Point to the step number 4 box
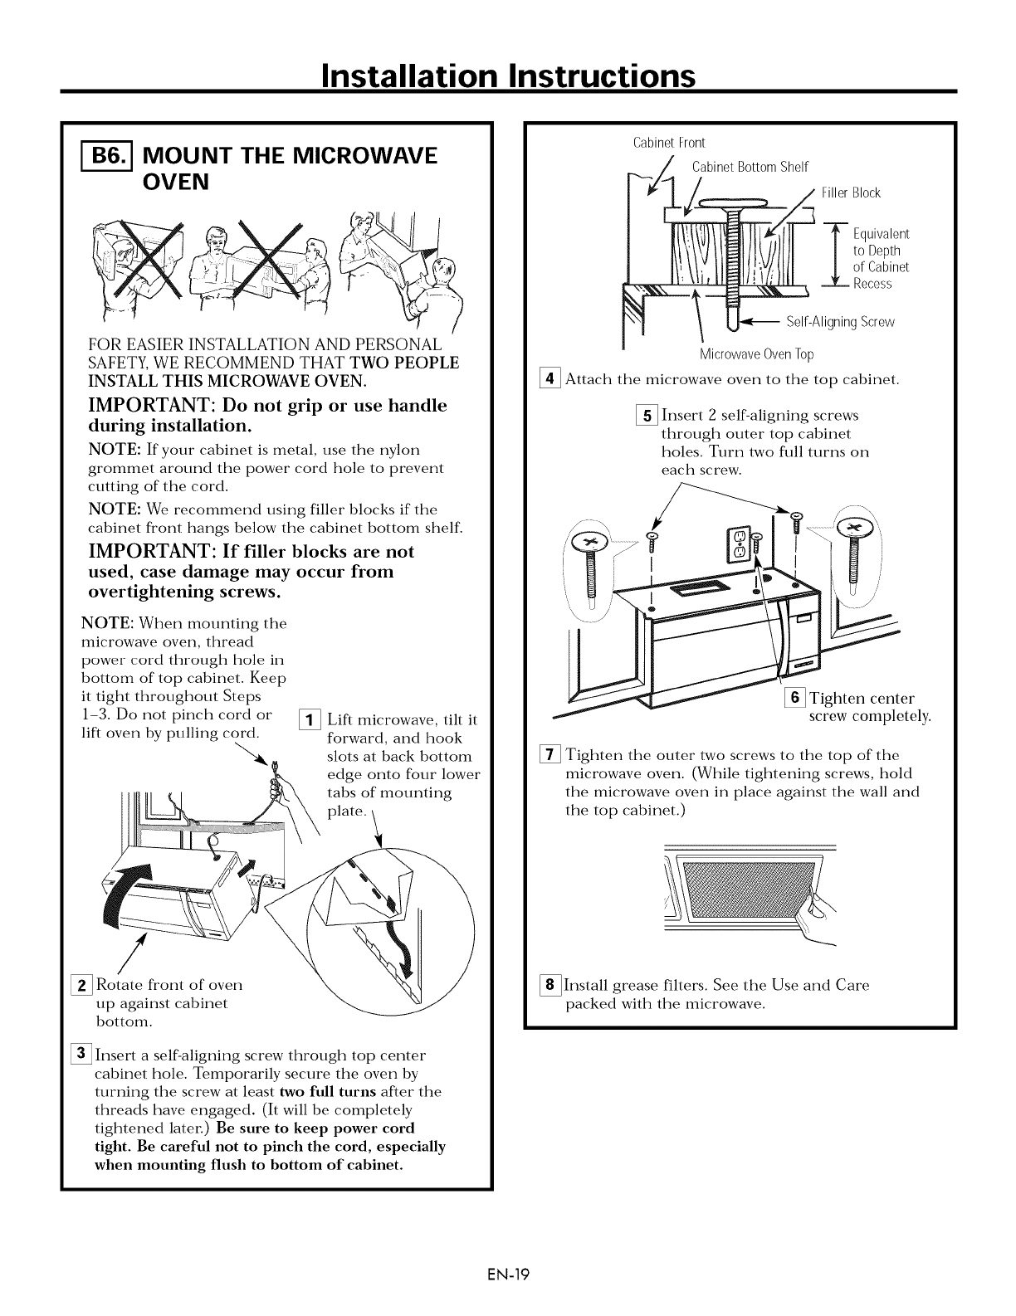coord(549,380)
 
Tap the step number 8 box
coord(549,986)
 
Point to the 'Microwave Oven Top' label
coord(756,355)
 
